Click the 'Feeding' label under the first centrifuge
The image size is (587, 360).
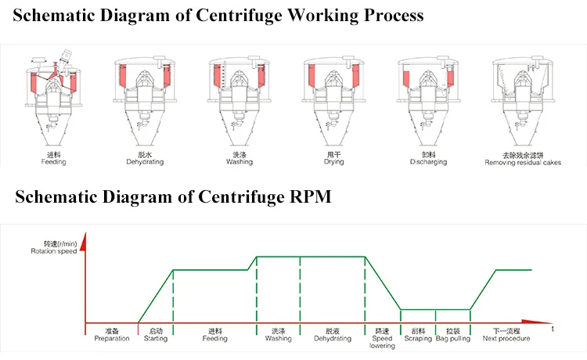click(x=53, y=162)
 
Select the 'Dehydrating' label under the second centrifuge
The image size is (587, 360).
click(x=145, y=162)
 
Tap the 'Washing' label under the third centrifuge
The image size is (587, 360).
click(x=239, y=162)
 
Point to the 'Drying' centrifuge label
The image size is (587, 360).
click(x=334, y=162)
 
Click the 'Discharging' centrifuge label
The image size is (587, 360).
click(x=428, y=162)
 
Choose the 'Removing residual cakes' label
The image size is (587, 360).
click(x=523, y=163)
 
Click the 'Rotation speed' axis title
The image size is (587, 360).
click(x=54, y=251)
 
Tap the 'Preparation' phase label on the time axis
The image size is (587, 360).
click(x=112, y=338)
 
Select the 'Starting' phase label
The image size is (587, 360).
click(x=156, y=338)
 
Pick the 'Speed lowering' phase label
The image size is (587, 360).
click(x=382, y=342)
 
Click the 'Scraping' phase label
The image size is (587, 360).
click(x=418, y=338)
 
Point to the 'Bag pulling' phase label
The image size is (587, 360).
click(x=453, y=338)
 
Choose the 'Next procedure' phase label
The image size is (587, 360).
click(x=506, y=338)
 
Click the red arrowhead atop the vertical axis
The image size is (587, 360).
click(x=84, y=241)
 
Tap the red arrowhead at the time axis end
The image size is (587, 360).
click(x=536, y=322)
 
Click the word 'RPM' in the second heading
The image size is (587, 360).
click(x=311, y=196)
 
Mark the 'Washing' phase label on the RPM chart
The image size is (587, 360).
click(x=278, y=338)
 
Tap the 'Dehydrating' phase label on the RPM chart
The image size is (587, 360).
click(x=333, y=338)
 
